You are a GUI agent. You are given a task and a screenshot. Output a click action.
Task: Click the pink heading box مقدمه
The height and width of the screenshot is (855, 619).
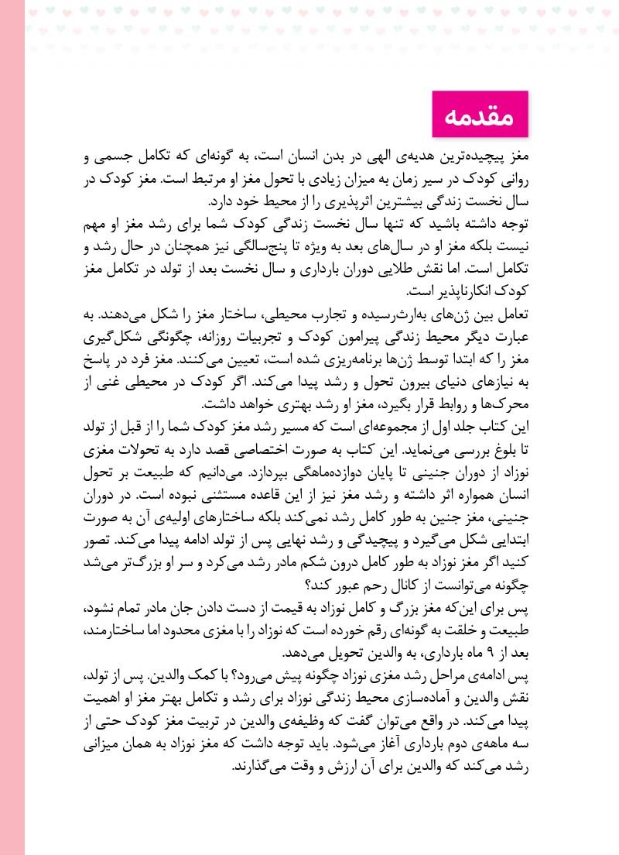pos(479,114)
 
